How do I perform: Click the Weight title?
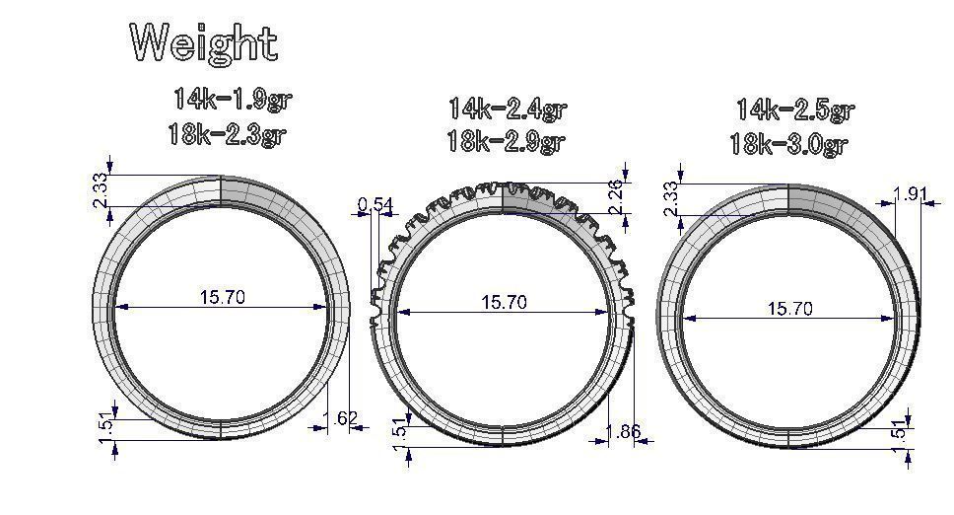click(x=204, y=43)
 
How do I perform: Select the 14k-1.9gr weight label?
click(x=233, y=100)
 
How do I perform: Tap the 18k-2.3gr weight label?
click(x=226, y=134)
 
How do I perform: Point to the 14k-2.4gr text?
click(x=507, y=108)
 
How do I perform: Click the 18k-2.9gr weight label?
click(x=505, y=141)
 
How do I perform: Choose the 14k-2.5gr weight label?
click(x=794, y=109)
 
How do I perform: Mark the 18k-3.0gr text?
click(x=788, y=144)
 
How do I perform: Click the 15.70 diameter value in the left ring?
click(x=221, y=297)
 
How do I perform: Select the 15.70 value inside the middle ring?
click(x=504, y=302)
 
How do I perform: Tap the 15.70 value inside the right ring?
click(x=789, y=309)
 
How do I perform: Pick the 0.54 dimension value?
click(x=375, y=205)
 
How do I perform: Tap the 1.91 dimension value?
click(x=909, y=193)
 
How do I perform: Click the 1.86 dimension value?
click(x=624, y=431)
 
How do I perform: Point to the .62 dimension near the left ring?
click(x=344, y=418)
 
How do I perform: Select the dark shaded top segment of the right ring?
click(x=828, y=200)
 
